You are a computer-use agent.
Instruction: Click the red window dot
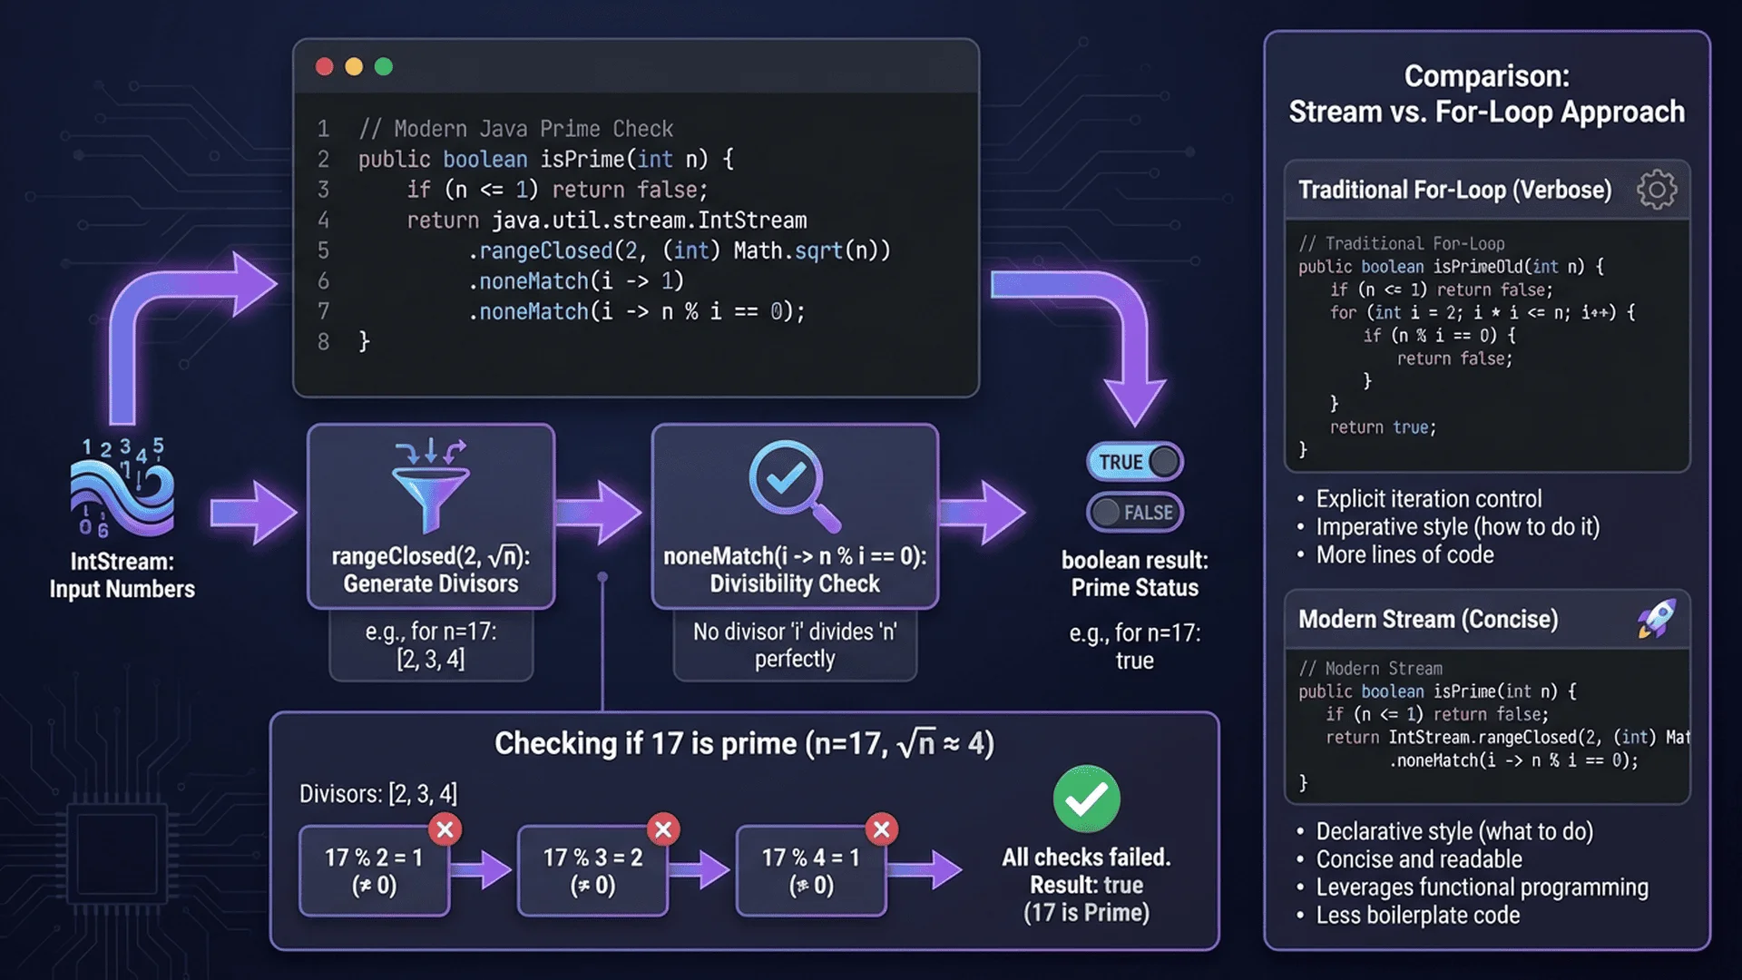(324, 66)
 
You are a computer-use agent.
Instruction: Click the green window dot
(384, 66)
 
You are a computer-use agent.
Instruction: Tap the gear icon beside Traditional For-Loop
(1657, 190)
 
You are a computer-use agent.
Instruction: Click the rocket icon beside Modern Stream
(1657, 619)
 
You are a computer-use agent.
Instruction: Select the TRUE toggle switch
(1134, 462)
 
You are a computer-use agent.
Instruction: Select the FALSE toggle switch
(1134, 513)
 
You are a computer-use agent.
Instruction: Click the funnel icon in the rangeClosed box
(430, 485)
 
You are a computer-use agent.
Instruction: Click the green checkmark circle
(1086, 799)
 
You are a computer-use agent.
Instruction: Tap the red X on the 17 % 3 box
(663, 829)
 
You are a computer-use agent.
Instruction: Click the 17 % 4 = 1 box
(810, 870)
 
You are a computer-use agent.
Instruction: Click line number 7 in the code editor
(323, 311)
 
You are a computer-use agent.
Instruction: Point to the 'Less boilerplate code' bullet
(1417, 916)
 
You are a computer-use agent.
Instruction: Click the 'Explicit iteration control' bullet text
(1428, 499)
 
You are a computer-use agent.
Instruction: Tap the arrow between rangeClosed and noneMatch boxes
(601, 514)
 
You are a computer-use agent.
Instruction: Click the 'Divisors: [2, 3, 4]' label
(378, 794)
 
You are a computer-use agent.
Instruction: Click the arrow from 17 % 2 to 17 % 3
(482, 870)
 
